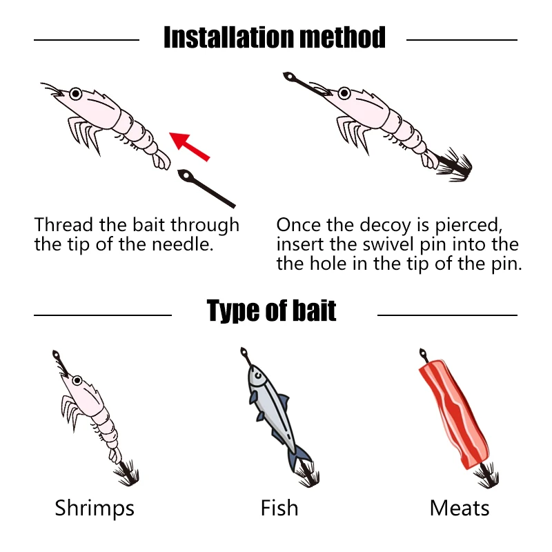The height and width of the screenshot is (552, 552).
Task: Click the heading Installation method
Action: coord(275,37)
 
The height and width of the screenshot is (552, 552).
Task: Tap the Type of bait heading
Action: coord(272,311)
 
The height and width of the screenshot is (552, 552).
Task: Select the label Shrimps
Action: coord(95,509)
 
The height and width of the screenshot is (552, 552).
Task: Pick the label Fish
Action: coord(279,509)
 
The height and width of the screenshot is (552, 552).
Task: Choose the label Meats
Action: coord(459,509)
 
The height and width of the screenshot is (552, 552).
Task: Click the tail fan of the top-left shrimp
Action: coord(161,161)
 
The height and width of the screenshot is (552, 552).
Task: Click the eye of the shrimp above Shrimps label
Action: coord(77,380)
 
